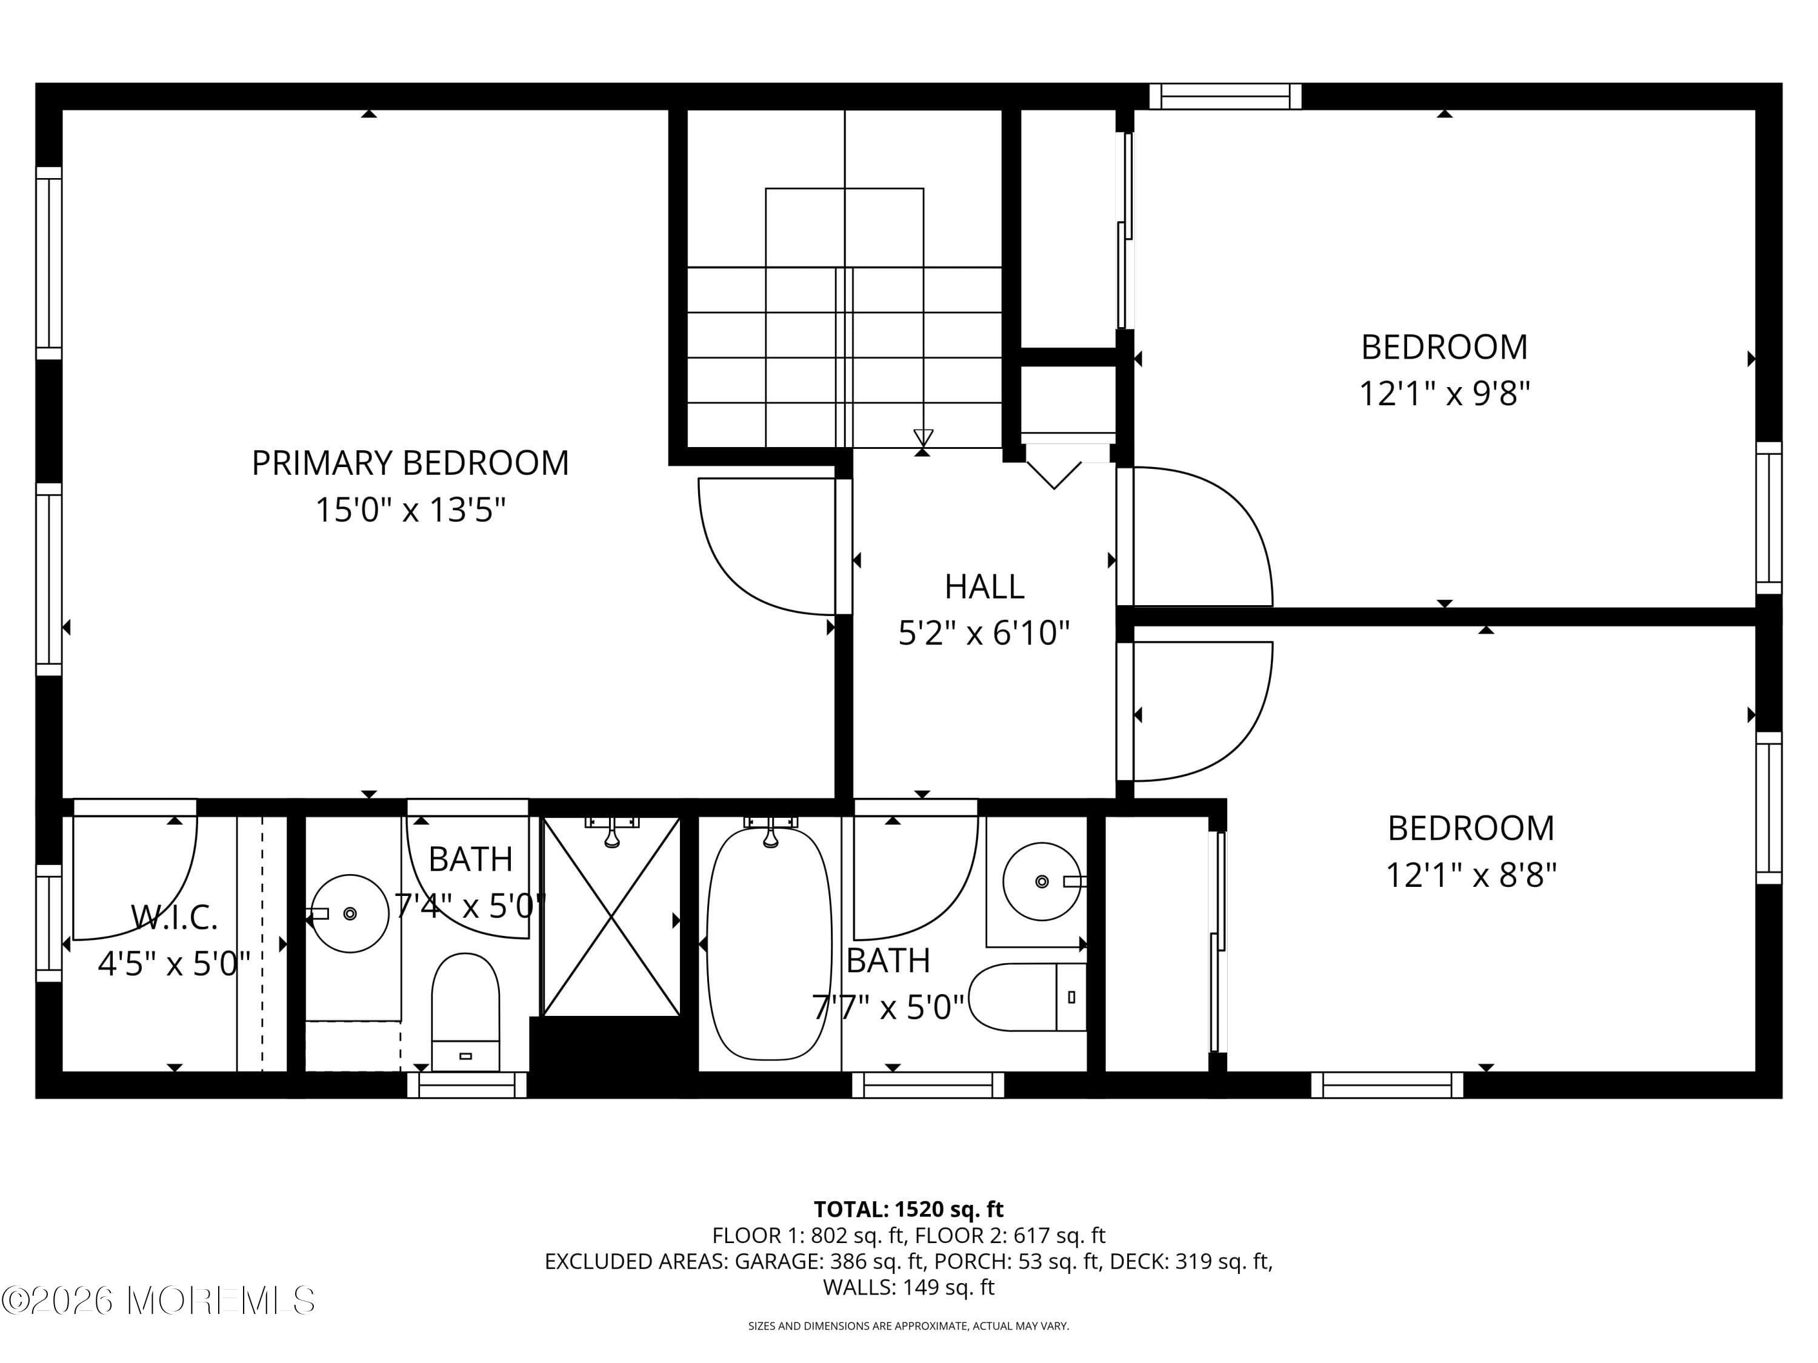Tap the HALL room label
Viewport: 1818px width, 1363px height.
pos(984,586)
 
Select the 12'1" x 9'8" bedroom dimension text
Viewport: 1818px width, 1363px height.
pos(1444,394)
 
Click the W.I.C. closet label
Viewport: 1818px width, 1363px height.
pos(175,918)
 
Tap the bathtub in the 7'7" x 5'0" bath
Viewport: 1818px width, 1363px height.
pos(769,945)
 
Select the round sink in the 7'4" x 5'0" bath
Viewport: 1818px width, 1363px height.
pos(351,914)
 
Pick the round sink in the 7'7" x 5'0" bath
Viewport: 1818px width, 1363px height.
pos(1041,881)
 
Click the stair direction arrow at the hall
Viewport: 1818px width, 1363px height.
pos(923,438)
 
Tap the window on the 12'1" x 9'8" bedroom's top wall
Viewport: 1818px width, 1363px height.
pos(1225,96)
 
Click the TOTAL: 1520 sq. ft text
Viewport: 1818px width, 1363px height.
pos(908,1209)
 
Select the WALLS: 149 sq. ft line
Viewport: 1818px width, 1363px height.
pos(908,1287)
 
